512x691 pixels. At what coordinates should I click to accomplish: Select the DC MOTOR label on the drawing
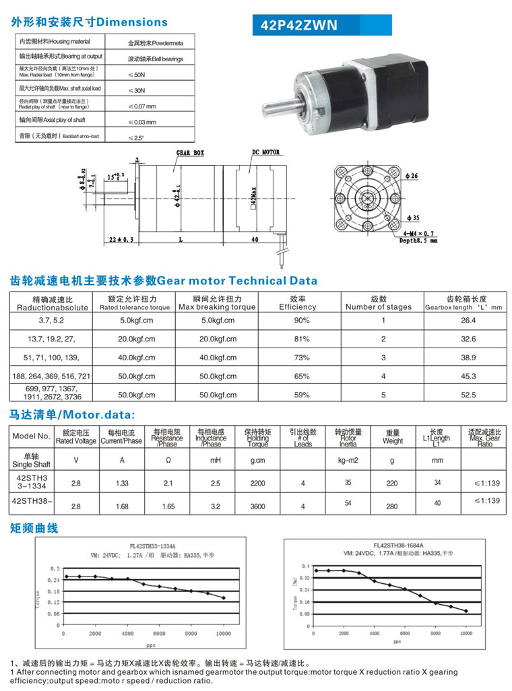click(265, 153)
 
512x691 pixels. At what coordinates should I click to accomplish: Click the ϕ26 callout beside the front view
click(411, 176)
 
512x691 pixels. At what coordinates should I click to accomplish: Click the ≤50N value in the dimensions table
click(137, 73)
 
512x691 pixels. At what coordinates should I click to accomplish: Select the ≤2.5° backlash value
click(137, 137)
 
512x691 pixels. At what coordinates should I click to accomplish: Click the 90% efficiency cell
click(302, 320)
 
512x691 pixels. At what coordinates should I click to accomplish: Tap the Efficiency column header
click(298, 307)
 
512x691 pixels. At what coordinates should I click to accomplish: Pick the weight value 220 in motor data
click(393, 483)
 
